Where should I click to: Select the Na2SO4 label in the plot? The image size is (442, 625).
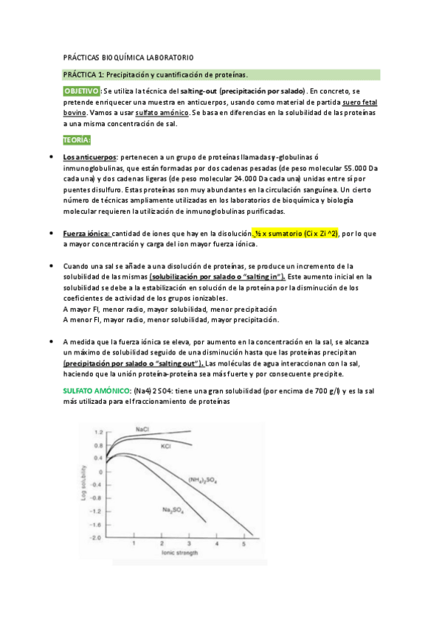pos(173,509)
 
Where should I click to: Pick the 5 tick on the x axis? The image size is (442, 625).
pos(244,544)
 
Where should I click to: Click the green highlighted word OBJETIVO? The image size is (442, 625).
pos(76,90)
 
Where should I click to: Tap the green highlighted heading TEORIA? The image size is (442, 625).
pos(77,139)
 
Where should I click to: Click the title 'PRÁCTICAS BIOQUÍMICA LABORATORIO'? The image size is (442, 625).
pos(129,57)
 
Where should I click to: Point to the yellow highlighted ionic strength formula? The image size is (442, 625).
pos(295,233)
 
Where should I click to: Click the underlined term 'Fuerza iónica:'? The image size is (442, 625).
pos(86,233)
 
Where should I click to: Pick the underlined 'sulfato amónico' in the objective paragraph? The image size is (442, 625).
pos(162,113)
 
